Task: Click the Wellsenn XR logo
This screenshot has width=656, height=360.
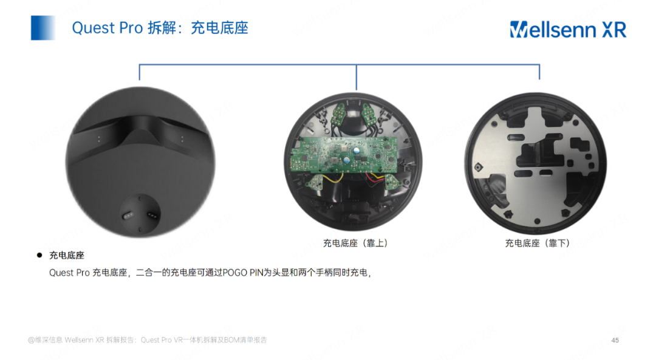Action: (x=567, y=29)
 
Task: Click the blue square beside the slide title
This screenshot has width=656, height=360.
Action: (x=43, y=28)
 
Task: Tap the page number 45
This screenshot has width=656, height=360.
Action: (x=615, y=340)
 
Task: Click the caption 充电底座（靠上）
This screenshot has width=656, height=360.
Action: (x=355, y=243)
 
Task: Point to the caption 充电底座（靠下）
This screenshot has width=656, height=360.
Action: (x=538, y=243)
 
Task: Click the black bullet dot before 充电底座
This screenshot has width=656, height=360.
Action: (x=39, y=256)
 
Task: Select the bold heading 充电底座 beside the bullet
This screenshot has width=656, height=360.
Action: (x=67, y=256)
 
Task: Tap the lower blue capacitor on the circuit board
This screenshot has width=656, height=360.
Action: (x=346, y=160)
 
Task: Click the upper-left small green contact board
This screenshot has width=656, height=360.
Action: (x=341, y=113)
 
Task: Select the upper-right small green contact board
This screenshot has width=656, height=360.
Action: (x=369, y=113)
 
